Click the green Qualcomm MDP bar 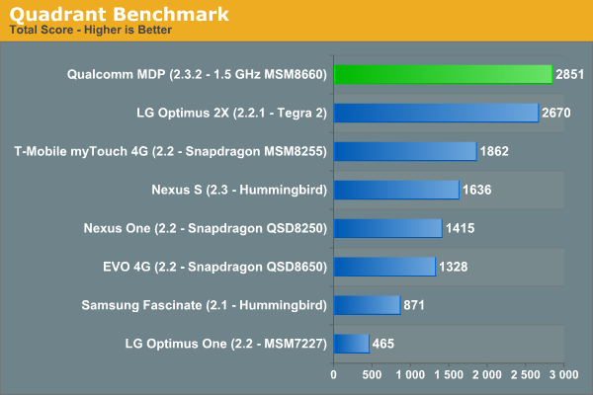(443, 74)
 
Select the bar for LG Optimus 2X (436, 113)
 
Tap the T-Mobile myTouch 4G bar (405, 151)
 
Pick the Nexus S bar (396, 190)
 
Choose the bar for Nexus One (387, 228)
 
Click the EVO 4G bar (384, 267)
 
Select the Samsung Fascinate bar (367, 305)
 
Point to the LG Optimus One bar (351, 344)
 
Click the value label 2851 (571, 74)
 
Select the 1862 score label (494, 151)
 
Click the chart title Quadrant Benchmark (120, 14)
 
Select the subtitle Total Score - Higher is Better (90, 30)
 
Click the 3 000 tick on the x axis (560, 376)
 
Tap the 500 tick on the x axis (372, 376)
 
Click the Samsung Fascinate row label (205, 305)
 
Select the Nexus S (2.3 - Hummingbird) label (239, 190)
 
